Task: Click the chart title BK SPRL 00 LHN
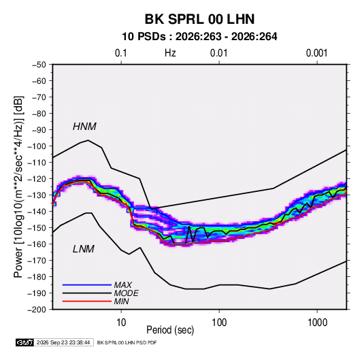[x=199, y=19]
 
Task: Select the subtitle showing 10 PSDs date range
[x=199, y=37]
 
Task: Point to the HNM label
[x=84, y=127]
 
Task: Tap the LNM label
[x=84, y=249]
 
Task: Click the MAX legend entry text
[x=122, y=284]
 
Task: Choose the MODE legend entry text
[x=126, y=293]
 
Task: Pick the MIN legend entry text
[x=121, y=301]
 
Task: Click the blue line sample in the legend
[x=87, y=284]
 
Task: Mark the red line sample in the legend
[x=87, y=301]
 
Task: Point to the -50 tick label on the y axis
[x=39, y=65]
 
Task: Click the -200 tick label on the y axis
[x=37, y=310]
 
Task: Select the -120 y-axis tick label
[x=37, y=179]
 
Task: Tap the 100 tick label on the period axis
[x=219, y=323]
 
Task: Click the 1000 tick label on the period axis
[x=317, y=323]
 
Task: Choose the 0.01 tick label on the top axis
[x=218, y=53]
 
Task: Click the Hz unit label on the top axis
[x=170, y=53]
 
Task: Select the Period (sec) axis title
[x=170, y=330]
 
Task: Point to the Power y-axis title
[x=18, y=187]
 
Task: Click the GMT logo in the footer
[x=24, y=342]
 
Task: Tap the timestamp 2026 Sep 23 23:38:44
[x=63, y=342]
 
